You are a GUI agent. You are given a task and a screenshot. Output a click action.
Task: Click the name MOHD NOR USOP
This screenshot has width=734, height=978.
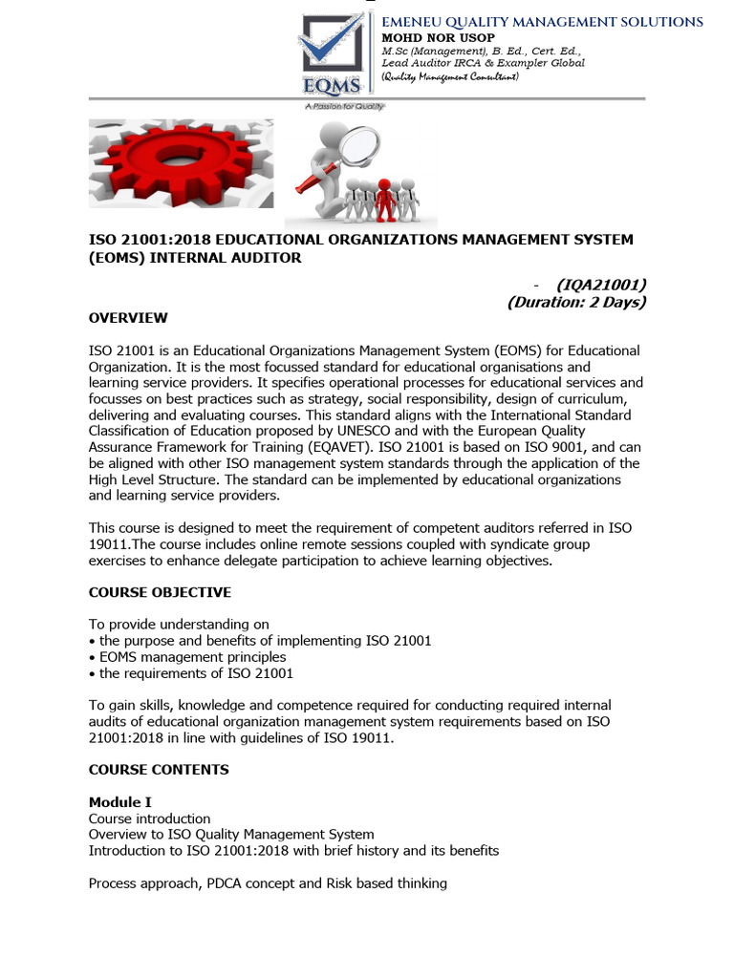pyautogui.click(x=427, y=37)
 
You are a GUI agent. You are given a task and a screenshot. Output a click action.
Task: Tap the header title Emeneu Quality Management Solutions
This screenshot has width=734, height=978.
pyautogui.click(x=542, y=21)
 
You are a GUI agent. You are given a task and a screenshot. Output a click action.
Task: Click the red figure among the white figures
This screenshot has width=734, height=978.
pyautogui.click(x=385, y=197)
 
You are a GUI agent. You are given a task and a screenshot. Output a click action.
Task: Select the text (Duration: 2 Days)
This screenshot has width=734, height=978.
pyautogui.click(x=576, y=302)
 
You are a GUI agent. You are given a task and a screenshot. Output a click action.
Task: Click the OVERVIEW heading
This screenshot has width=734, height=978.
pyautogui.click(x=128, y=318)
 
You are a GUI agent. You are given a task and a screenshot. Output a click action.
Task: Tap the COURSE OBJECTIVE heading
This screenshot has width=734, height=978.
pyautogui.click(x=160, y=592)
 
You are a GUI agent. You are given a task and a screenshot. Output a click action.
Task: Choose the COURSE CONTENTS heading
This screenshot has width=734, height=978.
pyautogui.click(x=159, y=769)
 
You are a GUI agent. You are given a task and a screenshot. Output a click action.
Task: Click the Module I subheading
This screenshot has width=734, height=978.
pyautogui.click(x=119, y=802)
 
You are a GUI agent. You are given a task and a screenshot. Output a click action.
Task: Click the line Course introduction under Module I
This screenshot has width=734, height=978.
pyautogui.click(x=149, y=819)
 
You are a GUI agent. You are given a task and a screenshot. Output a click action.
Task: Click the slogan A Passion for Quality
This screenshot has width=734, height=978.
pyautogui.click(x=343, y=106)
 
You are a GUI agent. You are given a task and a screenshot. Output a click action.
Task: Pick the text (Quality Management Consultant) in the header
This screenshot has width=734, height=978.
pyautogui.click(x=449, y=76)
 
